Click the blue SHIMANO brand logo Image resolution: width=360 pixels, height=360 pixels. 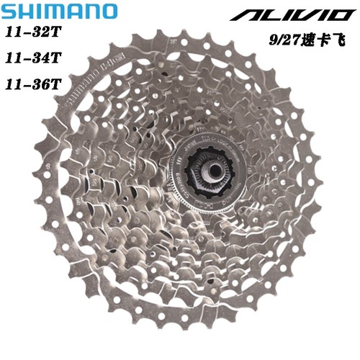(x=59, y=12)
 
